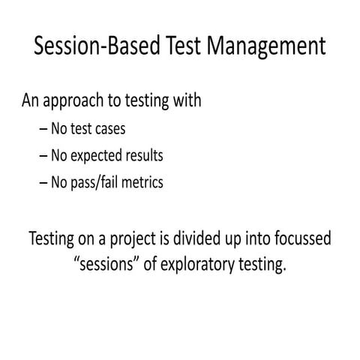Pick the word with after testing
[186, 100]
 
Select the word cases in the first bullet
[108, 128]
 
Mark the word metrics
[142, 183]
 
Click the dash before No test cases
[43, 129]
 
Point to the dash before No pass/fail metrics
[43, 183]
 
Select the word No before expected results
[60, 155]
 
